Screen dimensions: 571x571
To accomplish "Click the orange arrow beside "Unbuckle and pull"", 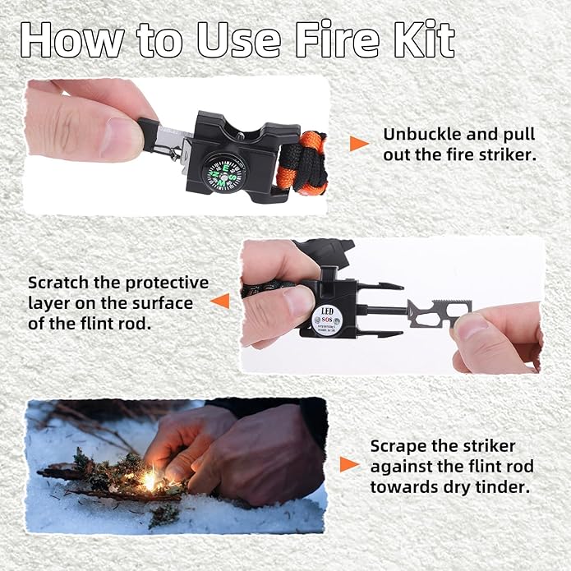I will point(359,144).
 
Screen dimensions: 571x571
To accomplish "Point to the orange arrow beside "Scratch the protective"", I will point(219,302).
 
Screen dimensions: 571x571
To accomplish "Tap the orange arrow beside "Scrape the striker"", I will point(349,465).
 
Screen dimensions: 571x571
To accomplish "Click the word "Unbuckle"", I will point(419,133).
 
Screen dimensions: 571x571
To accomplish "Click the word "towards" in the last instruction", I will point(403,486).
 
